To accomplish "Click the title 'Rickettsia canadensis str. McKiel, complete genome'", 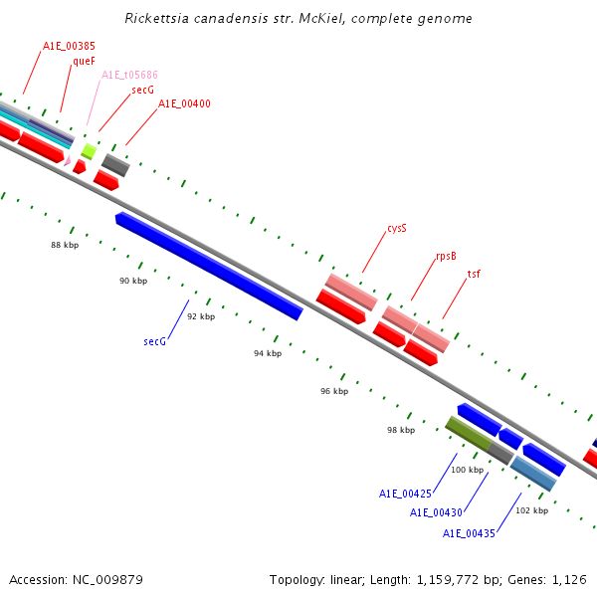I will coord(298,19).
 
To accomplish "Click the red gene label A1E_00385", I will coord(69,46).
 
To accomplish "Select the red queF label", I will coord(84,61).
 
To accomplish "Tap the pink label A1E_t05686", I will coord(129,75).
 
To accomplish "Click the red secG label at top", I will coord(142,90).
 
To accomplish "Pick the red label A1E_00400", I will coord(184,103).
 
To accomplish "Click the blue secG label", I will coord(154,341).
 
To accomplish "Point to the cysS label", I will coord(397,228).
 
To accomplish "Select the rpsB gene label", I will coord(446,256).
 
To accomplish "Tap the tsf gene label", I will coord(474,274).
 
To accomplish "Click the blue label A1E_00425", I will coord(405,494).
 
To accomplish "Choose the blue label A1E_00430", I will coord(437,512).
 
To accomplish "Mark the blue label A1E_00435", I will coord(469,533).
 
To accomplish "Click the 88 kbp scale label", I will coord(65,244).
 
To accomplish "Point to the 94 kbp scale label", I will coord(268,353).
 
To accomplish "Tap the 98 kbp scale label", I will coord(401,430).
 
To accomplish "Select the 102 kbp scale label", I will coord(531,510).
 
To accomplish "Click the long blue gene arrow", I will coord(209,266).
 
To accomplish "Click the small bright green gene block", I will coord(89,151).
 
